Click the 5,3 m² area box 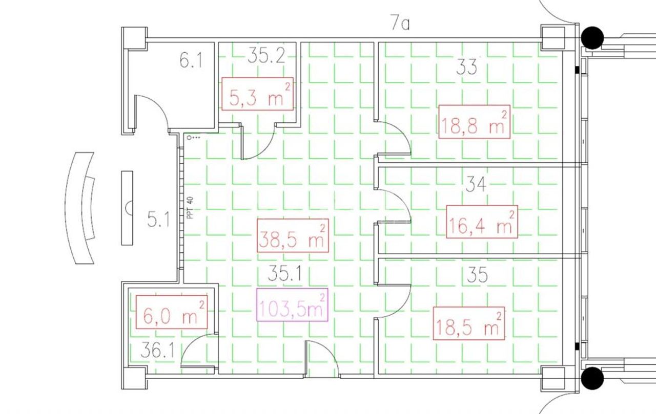[257, 94]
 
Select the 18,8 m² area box [475, 122]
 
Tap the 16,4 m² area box [482, 222]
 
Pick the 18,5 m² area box [469, 323]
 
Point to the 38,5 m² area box [293, 235]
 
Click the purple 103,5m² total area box [292, 304]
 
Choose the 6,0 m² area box [172, 312]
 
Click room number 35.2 [266, 56]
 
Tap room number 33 [467, 67]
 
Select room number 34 [476, 184]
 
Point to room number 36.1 [157, 350]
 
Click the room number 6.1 [191, 61]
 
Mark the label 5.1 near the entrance [158, 220]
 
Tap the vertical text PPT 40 [190, 208]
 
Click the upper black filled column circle [592, 38]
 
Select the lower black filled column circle [592, 378]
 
